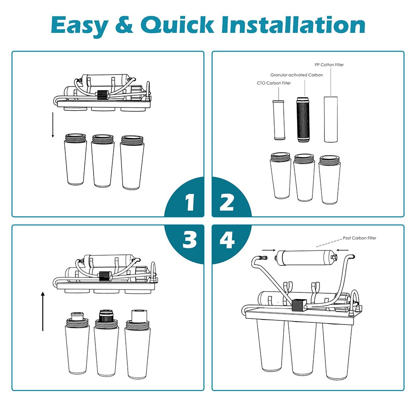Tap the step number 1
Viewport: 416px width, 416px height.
190,203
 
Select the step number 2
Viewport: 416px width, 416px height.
226,203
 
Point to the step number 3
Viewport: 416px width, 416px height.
190,240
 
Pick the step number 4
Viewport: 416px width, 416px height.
227,240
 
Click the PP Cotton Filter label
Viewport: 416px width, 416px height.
329,65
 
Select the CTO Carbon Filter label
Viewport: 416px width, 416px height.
273,83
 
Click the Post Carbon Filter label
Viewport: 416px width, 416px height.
360,238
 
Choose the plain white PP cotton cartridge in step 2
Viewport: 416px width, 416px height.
330,119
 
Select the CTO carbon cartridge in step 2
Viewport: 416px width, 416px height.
277,121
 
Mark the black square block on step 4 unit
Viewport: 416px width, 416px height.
297,305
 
